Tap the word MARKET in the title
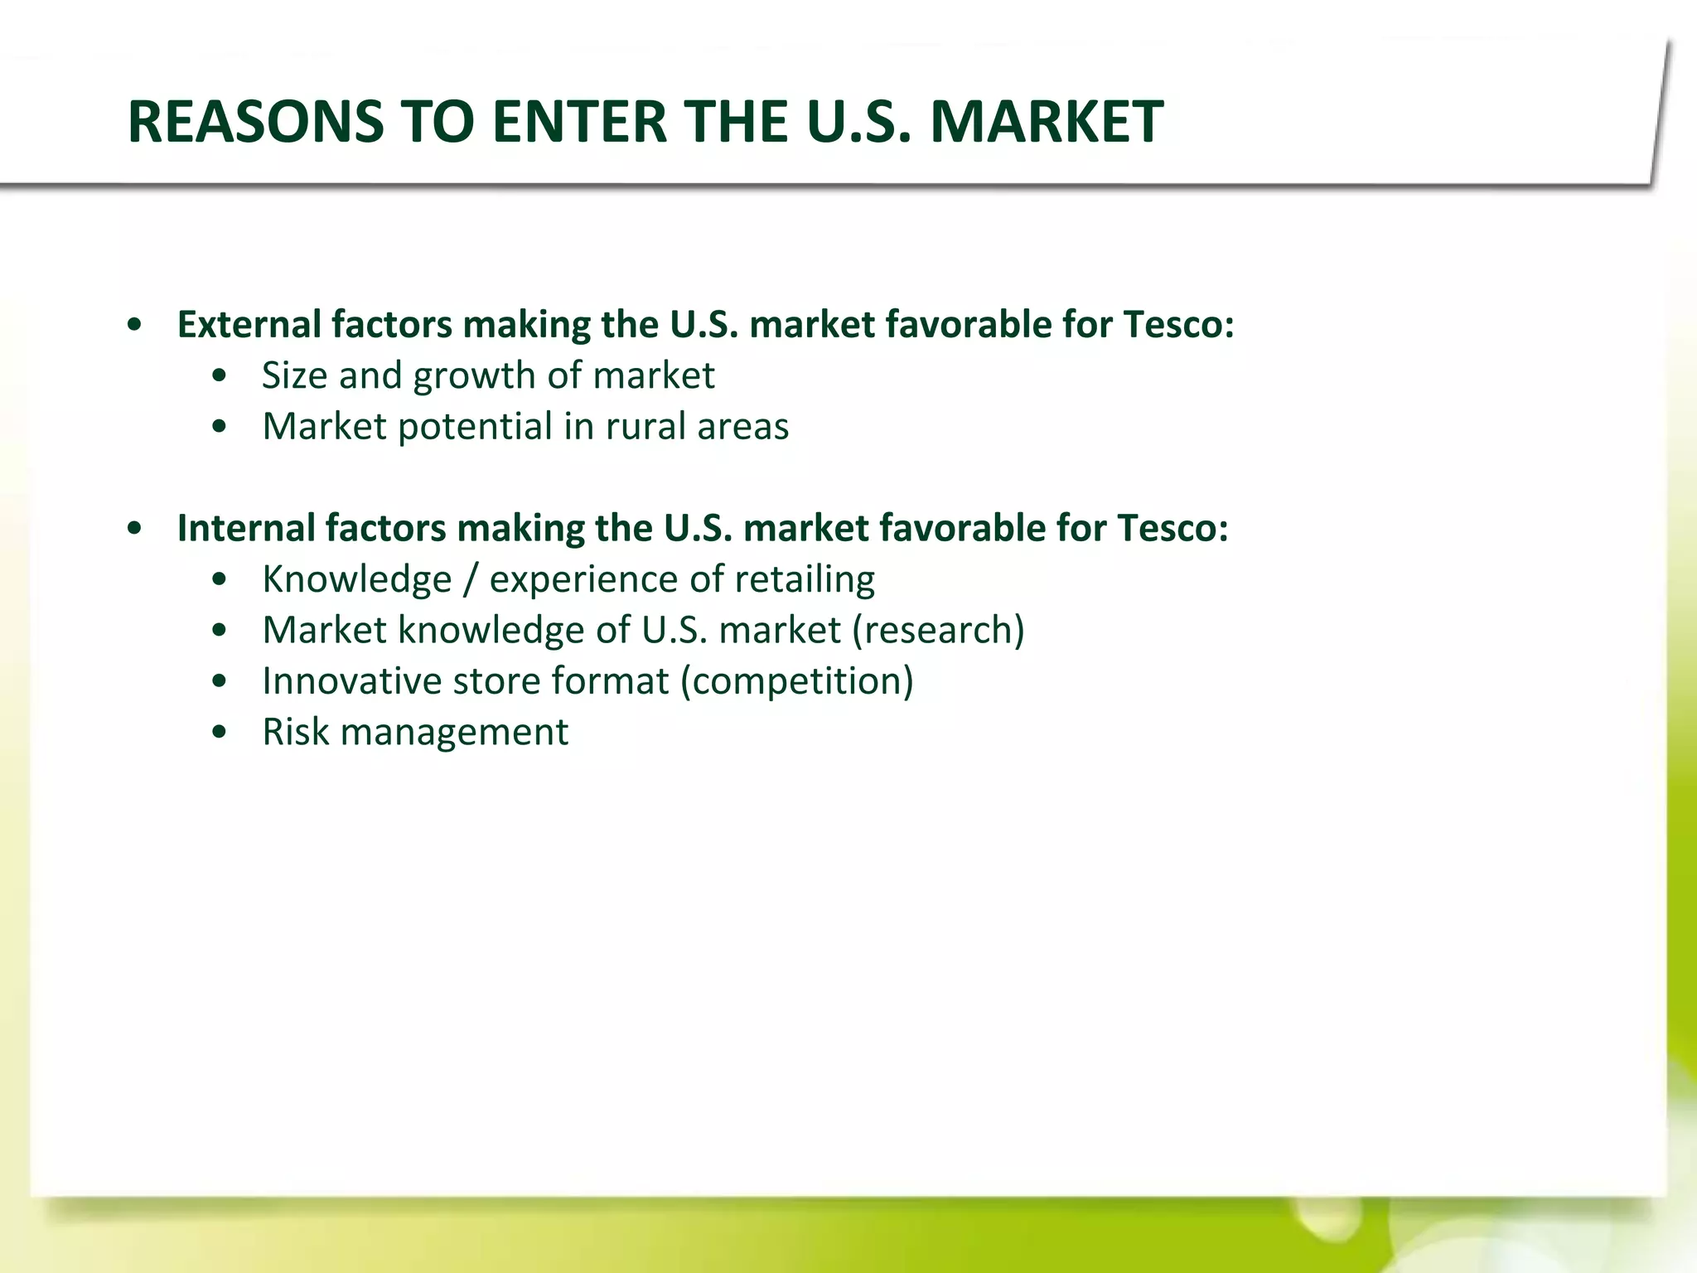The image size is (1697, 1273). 1047,122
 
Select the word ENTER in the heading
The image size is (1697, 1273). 579,122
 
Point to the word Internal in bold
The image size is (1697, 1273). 246,528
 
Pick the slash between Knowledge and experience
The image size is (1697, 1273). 471,579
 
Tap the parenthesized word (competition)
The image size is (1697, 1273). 796,681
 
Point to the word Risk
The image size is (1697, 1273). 296,732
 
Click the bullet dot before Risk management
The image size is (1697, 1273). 219,733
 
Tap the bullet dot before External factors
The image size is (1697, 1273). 135,325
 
